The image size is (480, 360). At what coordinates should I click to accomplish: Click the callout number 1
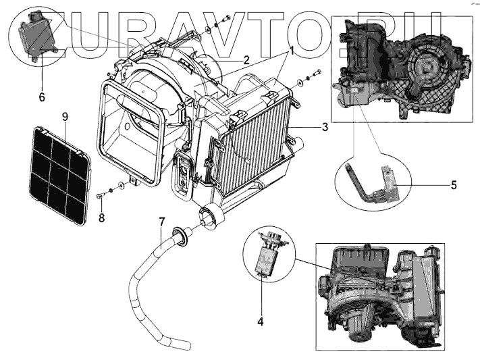coord(292,50)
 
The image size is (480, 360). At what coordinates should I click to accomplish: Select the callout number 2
coord(247,60)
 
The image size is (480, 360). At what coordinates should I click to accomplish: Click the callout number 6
coord(41,97)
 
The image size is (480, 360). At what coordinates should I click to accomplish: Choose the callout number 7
coord(162,221)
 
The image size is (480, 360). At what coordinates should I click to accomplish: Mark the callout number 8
coord(101,217)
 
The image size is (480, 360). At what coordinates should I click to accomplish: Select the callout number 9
coord(65,118)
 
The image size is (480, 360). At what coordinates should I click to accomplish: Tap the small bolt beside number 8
coord(101,197)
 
